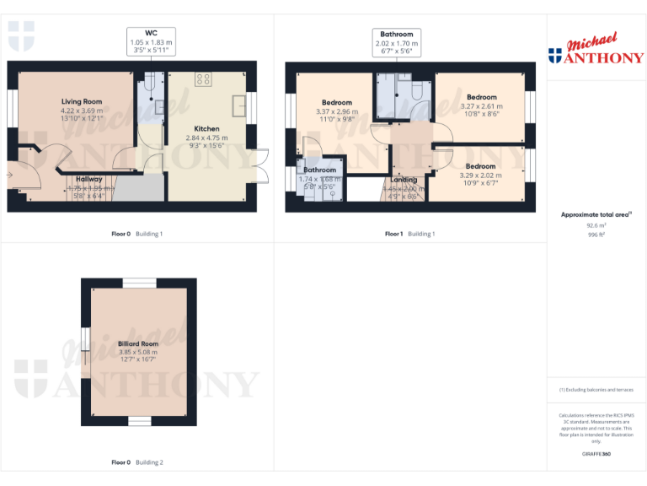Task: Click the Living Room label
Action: [x=82, y=101]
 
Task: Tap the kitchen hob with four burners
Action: [x=203, y=79]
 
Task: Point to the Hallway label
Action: [x=89, y=179]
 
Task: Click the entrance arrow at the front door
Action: [x=9, y=175]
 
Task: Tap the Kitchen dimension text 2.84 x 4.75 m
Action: [x=207, y=138]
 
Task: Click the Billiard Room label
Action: [x=138, y=344]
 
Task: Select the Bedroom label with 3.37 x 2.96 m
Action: [x=336, y=103]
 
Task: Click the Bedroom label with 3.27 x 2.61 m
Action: [x=482, y=98]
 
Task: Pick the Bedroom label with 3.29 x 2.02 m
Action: [x=481, y=167]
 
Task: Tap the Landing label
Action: [x=403, y=180]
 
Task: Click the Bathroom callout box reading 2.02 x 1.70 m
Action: [x=397, y=42]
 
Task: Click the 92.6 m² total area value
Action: [x=596, y=225]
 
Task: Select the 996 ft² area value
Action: [x=596, y=235]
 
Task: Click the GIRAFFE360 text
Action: [x=596, y=455]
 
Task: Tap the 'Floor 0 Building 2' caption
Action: [x=138, y=462]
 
